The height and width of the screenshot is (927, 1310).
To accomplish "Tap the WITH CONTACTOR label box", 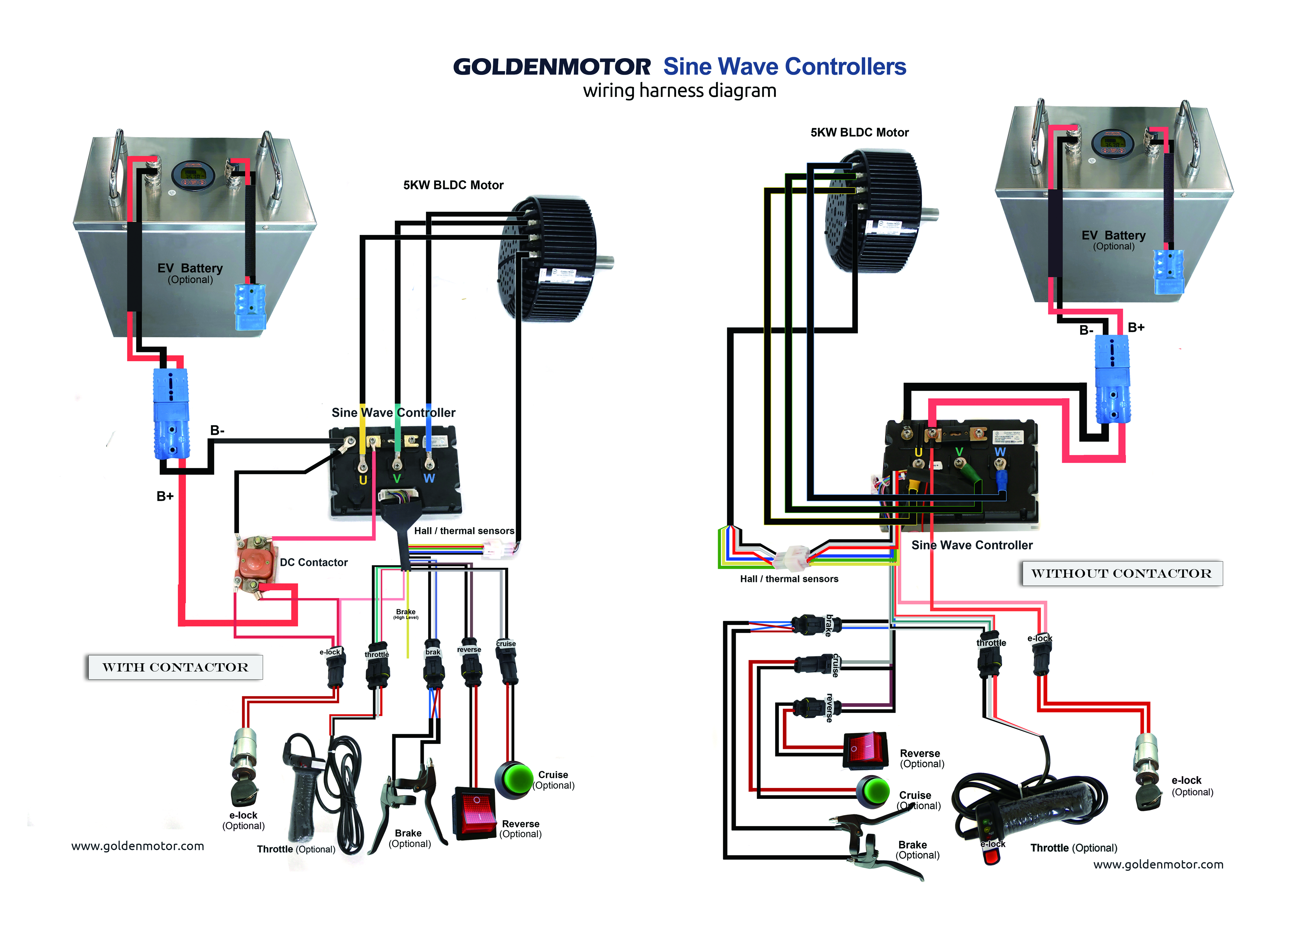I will pos(175,667).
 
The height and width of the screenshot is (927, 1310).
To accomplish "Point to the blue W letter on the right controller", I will pos(1000,452).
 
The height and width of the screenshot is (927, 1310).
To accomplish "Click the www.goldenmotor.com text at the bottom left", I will pos(138,846).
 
